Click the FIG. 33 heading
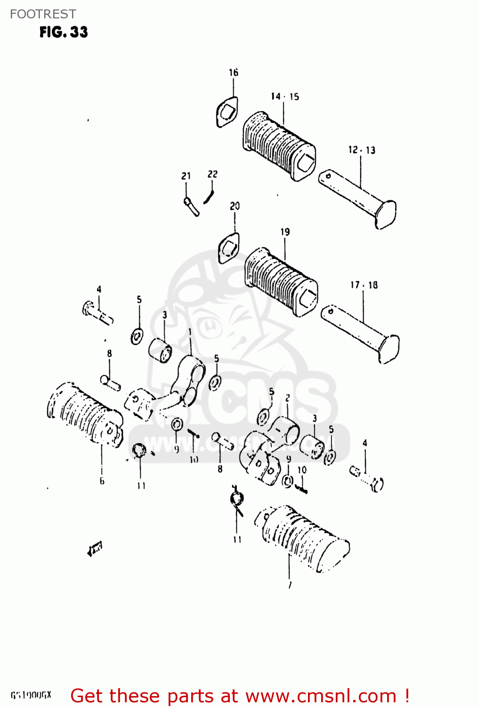64,32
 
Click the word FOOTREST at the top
43,14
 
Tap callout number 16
234,73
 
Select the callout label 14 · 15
284,97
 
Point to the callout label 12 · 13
362,150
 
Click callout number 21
186,176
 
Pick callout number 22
213,174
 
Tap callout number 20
235,206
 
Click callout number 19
285,232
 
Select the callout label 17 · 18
364,285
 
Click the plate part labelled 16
227,113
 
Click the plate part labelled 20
229,248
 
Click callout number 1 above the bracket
190,332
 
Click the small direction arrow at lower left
95,549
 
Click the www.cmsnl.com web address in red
321,696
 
